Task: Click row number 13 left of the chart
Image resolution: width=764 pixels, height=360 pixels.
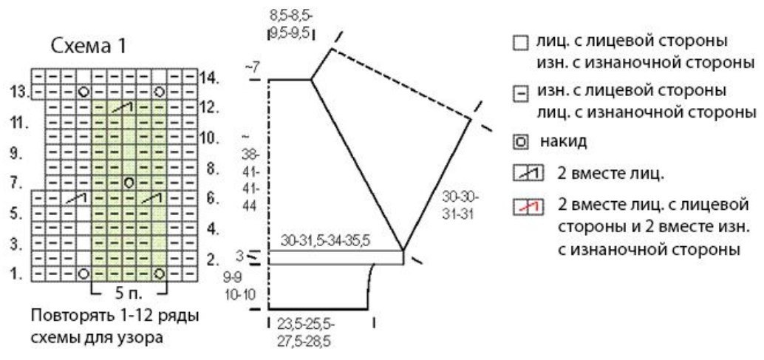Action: [18, 92]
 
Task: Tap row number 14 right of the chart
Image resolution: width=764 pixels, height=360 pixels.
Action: [210, 77]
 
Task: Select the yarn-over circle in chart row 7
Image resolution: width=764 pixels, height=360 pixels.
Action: [129, 183]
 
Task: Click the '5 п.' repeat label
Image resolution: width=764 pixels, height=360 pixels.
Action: [129, 294]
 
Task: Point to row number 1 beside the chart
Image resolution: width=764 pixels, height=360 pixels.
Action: [17, 274]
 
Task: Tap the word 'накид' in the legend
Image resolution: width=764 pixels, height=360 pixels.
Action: [562, 142]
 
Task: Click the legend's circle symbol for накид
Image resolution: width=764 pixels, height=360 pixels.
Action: [520, 142]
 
